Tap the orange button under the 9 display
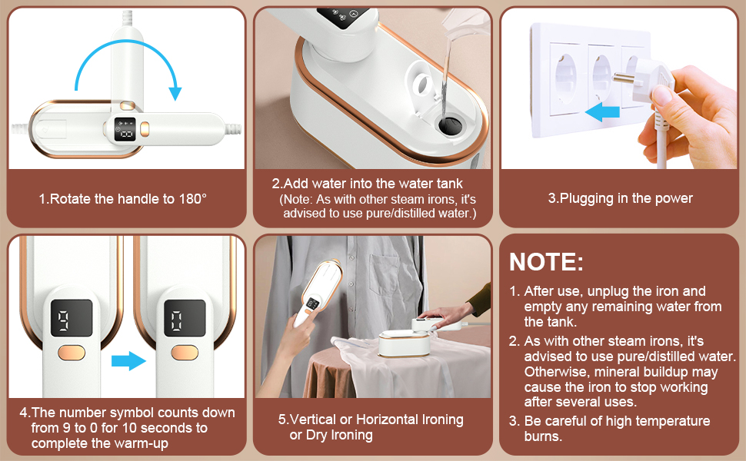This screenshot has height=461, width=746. pos(72,353)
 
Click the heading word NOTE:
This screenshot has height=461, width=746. pos(546,261)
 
